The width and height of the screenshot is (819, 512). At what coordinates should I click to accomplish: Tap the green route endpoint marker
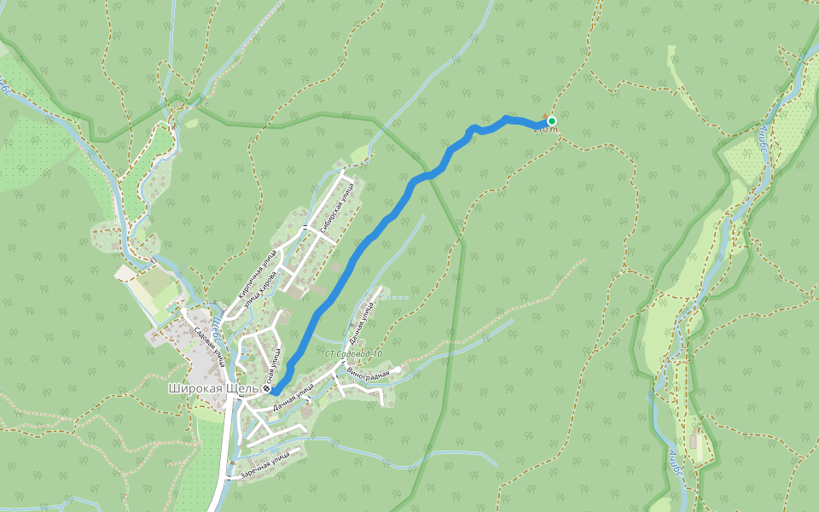coord(552,121)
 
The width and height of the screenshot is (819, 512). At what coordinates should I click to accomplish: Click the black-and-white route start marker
coord(267,389)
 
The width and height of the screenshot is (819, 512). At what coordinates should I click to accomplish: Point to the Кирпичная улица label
coord(256,271)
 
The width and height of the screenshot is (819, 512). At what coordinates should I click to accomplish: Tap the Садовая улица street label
coord(210,345)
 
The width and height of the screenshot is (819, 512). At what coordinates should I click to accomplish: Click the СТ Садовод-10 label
coord(353,353)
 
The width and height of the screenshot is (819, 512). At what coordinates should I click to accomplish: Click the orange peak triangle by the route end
coord(545,116)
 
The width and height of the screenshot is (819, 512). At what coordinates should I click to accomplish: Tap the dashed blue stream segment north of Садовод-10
coord(398,297)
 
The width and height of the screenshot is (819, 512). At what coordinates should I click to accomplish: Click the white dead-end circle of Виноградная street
coord(398,369)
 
